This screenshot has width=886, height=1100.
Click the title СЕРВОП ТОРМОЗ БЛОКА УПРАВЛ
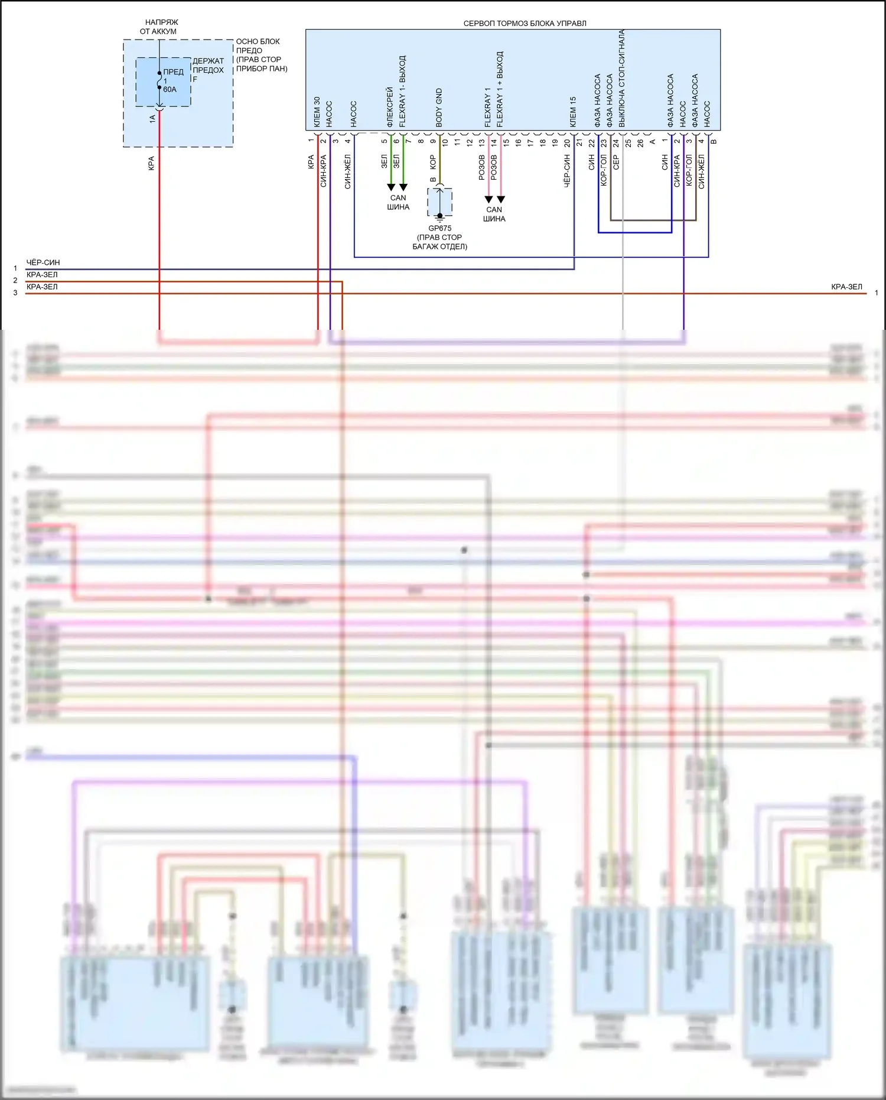[525, 24]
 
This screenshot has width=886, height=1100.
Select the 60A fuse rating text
[170, 89]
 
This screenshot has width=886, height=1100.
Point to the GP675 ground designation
[439, 228]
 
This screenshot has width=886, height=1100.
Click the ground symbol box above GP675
[439, 202]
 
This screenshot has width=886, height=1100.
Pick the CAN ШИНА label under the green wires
[398, 203]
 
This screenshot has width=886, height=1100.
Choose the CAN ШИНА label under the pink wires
[494, 214]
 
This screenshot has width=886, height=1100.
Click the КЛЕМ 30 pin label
[317, 112]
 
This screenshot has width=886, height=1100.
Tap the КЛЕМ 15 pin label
[573, 112]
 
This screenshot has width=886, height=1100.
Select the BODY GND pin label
[439, 108]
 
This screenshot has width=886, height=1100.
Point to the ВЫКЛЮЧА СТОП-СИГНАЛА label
[622, 78]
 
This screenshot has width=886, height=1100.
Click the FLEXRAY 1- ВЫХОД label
[403, 92]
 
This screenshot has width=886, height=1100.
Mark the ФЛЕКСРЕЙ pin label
[390, 107]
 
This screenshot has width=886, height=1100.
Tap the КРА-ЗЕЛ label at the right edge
[846, 287]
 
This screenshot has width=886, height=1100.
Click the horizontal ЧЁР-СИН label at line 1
[43, 262]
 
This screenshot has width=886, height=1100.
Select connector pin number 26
[640, 142]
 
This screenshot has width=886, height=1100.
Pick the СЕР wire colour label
[615, 163]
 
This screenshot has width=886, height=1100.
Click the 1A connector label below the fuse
[152, 118]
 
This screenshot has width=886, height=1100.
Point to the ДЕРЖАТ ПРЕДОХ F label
[208, 70]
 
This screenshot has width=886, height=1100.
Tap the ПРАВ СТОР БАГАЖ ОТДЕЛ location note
[439, 242]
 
